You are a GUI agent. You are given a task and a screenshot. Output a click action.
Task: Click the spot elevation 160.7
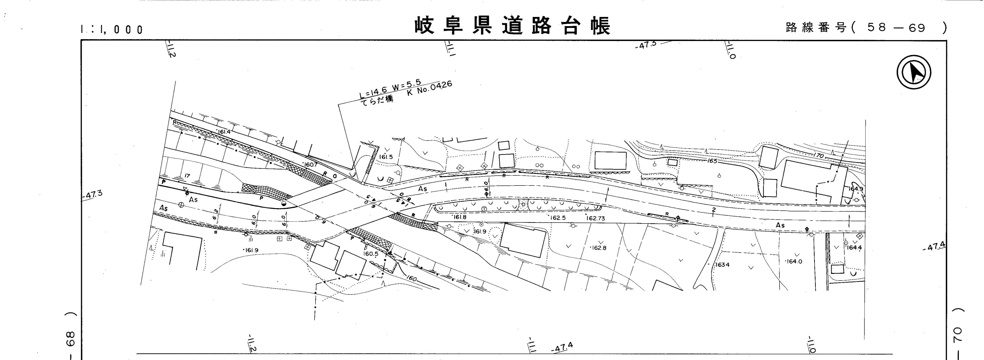[311, 165]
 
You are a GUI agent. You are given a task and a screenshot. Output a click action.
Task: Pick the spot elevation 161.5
[386, 157]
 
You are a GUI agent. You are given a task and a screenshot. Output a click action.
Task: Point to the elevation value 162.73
[596, 219]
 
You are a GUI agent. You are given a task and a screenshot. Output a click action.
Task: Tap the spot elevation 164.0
[794, 261]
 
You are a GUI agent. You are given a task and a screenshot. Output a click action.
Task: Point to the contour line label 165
[712, 161]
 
